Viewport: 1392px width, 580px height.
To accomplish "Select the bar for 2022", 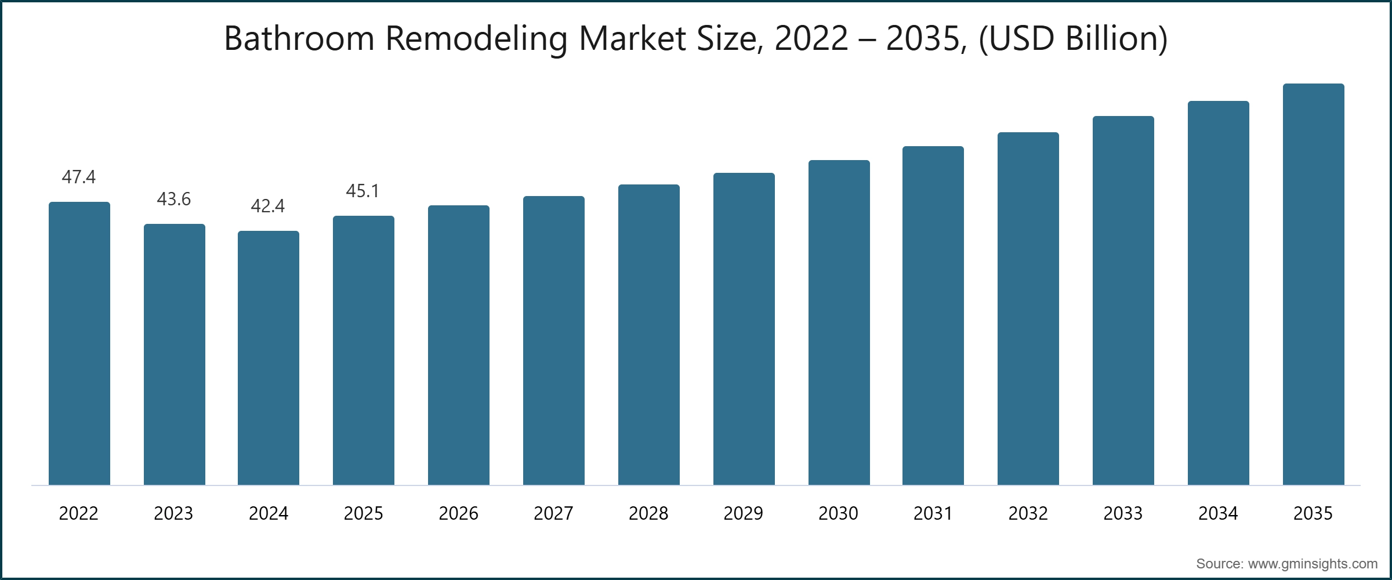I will [x=79, y=343].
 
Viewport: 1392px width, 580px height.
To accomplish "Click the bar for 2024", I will [x=269, y=358].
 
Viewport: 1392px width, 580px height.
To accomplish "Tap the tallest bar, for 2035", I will [x=1313, y=284].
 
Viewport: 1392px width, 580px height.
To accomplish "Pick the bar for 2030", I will [x=839, y=322].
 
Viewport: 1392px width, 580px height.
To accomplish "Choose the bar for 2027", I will [x=553, y=340].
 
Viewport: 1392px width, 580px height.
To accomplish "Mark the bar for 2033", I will [x=1123, y=300].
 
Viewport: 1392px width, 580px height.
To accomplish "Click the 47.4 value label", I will [x=79, y=177].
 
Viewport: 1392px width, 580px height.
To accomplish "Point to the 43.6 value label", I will [x=173, y=199].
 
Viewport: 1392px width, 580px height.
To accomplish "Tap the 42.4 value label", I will [x=268, y=206].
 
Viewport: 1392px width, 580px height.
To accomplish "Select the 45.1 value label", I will [x=362, y=191].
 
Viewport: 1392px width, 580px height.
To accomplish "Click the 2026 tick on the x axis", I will [x=458, y=513].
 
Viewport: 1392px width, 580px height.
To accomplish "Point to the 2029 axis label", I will [x=743, y=513].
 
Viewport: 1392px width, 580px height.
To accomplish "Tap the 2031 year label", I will [x=933, y=513].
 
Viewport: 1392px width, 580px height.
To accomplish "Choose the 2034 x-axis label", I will [x=1218, y=513].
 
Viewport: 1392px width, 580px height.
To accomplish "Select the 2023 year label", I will [x=173, y=513].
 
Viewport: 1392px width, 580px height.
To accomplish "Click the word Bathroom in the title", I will [x=299, y=38].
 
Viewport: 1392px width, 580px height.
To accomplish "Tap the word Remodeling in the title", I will [x=476, y=38].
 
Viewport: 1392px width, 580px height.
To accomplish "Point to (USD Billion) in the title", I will [x=1073, y=38].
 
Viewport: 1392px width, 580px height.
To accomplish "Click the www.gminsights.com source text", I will [x=1313, y=564].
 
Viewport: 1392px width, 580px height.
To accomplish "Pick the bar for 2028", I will [x=648, y=335].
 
